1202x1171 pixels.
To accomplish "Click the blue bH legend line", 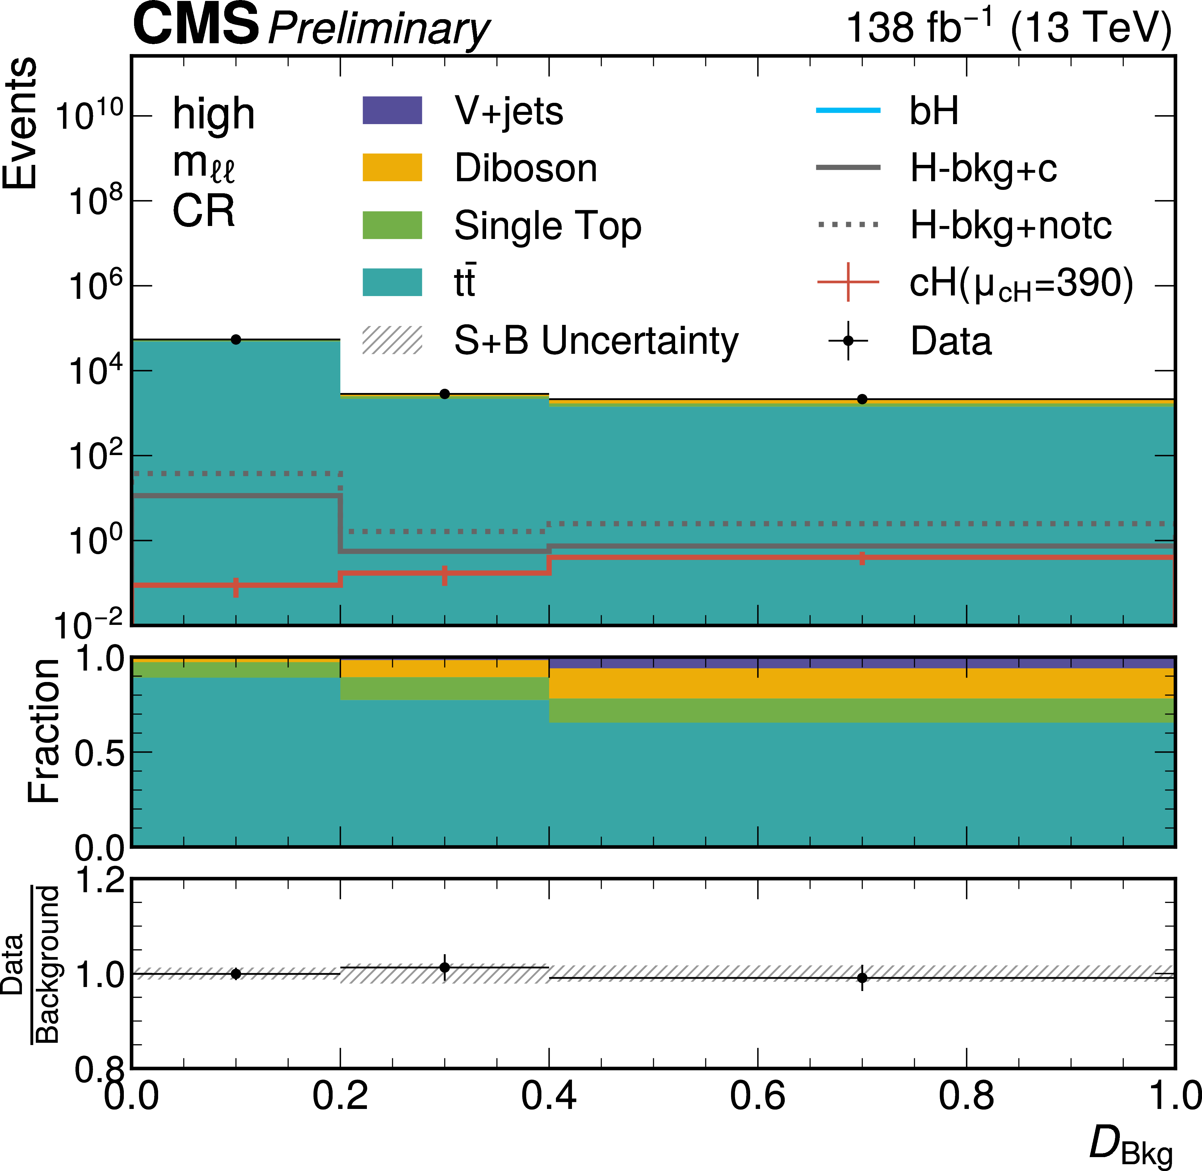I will tap(848, 111).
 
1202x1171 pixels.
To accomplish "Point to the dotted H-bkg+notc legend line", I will tap(848, 225).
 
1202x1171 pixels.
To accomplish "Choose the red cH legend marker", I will tap(848, 282).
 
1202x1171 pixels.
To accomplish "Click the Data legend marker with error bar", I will tap(848, 340).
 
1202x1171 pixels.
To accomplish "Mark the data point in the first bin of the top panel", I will tap(236, 340).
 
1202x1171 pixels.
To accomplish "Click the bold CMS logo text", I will tap(195, 25).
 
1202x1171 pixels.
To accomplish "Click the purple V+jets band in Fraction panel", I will tap(861, 663).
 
